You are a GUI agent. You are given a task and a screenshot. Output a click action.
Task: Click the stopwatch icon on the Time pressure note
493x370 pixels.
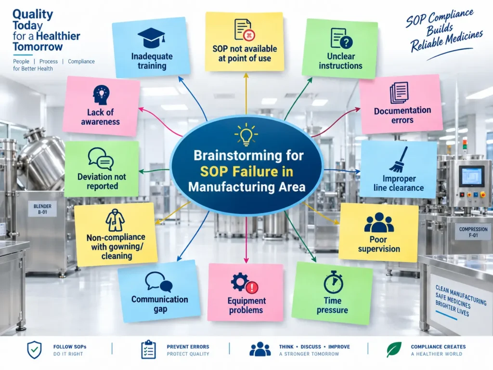[x=333, y=282]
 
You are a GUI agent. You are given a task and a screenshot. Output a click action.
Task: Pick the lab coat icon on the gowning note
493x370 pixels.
[x=115, y=221]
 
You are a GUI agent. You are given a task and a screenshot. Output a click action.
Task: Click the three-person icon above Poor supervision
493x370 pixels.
[x=379, y=223]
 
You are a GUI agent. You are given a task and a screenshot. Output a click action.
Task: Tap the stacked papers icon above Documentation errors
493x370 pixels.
[x=399, y=92]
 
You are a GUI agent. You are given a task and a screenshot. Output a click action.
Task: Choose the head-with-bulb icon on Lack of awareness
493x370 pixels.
[x=101, y=95]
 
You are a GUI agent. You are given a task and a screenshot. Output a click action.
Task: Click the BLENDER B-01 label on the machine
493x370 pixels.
[x=42, y=209]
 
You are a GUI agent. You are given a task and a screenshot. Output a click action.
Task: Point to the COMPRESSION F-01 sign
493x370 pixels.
[x=473, y=232]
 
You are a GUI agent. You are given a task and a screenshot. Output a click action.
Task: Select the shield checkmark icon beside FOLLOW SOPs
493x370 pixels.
[x=34, y=350]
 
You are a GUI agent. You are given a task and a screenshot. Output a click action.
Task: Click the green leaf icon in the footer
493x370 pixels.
[x=394, y=350]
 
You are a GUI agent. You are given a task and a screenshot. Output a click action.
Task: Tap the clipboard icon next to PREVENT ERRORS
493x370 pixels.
[x=148, y=349]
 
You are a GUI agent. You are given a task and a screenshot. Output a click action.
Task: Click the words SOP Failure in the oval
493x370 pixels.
[x=246, y=172]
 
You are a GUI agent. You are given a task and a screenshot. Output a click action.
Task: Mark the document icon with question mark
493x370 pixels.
[x=341, y=39]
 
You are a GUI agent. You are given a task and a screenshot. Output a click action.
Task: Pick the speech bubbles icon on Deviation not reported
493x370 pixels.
[x=101, y=159]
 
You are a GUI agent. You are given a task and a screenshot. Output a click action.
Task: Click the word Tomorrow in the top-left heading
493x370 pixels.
[x=38, y=47]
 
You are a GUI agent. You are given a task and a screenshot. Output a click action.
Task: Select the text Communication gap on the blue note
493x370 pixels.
[x=160, y=304]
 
